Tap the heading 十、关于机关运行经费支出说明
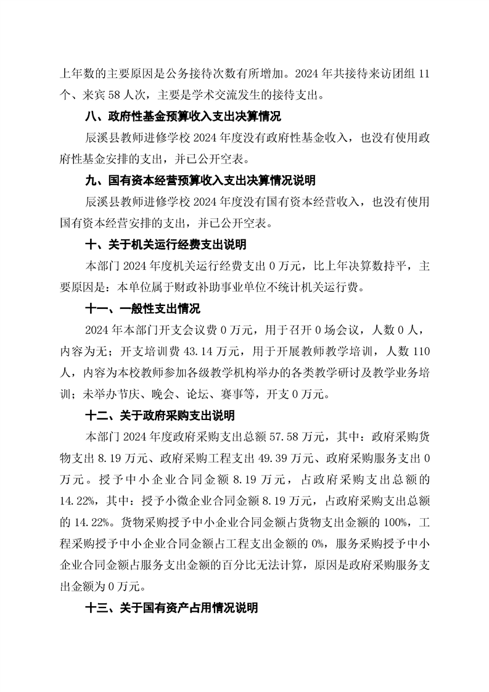pyautogui.click(x=165, y=244)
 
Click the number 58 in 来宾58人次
pyautogui.click(x=111, y=95)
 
